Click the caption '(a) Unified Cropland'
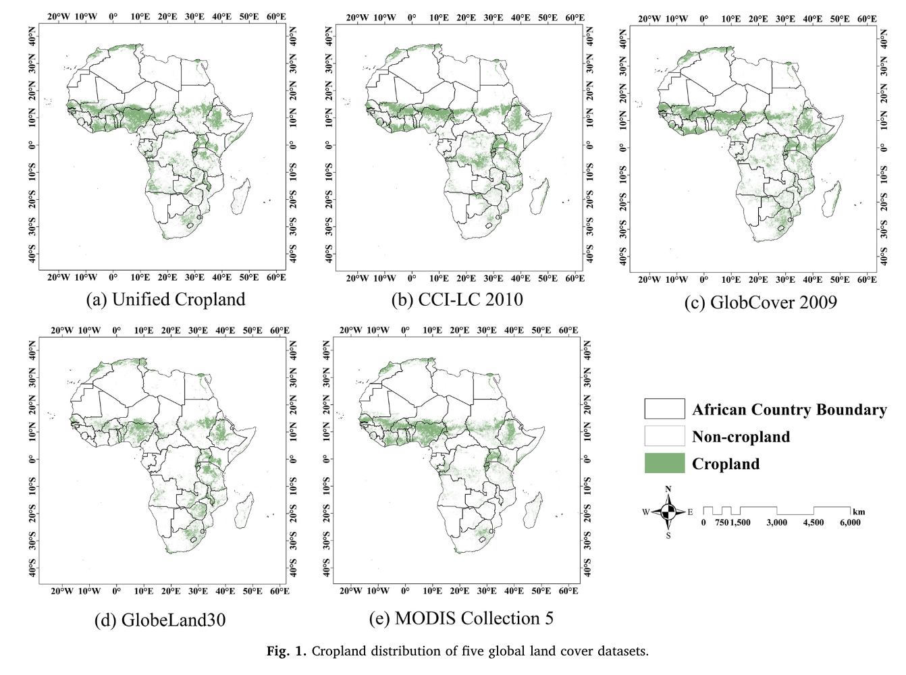click(165, 299)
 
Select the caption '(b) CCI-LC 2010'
click(457, 299)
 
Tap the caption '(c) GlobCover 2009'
click(760, 302)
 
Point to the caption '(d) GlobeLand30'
click(160, 619)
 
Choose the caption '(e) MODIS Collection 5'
click(461, 618)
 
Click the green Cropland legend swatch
click(664, 463)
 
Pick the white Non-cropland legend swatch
click(664, 436)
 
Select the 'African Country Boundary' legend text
click(789, 410)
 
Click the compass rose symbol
click(668, 512)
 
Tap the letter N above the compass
click(668, 489)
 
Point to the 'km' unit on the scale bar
click(858, 512)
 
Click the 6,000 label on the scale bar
click(850, 522)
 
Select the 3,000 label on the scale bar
click(776, 522)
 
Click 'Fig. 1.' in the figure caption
click(286, 651)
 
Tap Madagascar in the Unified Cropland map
click(241, 196)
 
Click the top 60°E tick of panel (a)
click(276, 17)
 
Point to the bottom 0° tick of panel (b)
click(412, 278)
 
